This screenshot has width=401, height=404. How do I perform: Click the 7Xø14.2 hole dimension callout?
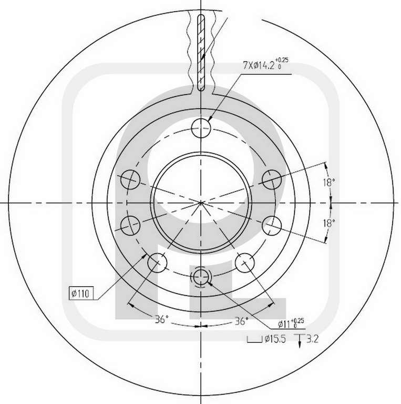point(265,64)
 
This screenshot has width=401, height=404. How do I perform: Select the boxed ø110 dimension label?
point(81,293)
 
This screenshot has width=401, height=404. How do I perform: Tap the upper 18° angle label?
point(329,183)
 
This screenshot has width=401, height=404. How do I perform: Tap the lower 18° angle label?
point(329,223)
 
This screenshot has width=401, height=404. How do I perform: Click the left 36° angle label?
point(161,319)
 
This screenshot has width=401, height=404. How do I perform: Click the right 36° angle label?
point(241,321)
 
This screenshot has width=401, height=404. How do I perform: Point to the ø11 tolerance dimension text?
point(291,324)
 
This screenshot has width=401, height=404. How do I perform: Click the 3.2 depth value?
point(313,339)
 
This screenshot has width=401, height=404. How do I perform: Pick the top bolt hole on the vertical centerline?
point(201,128)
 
